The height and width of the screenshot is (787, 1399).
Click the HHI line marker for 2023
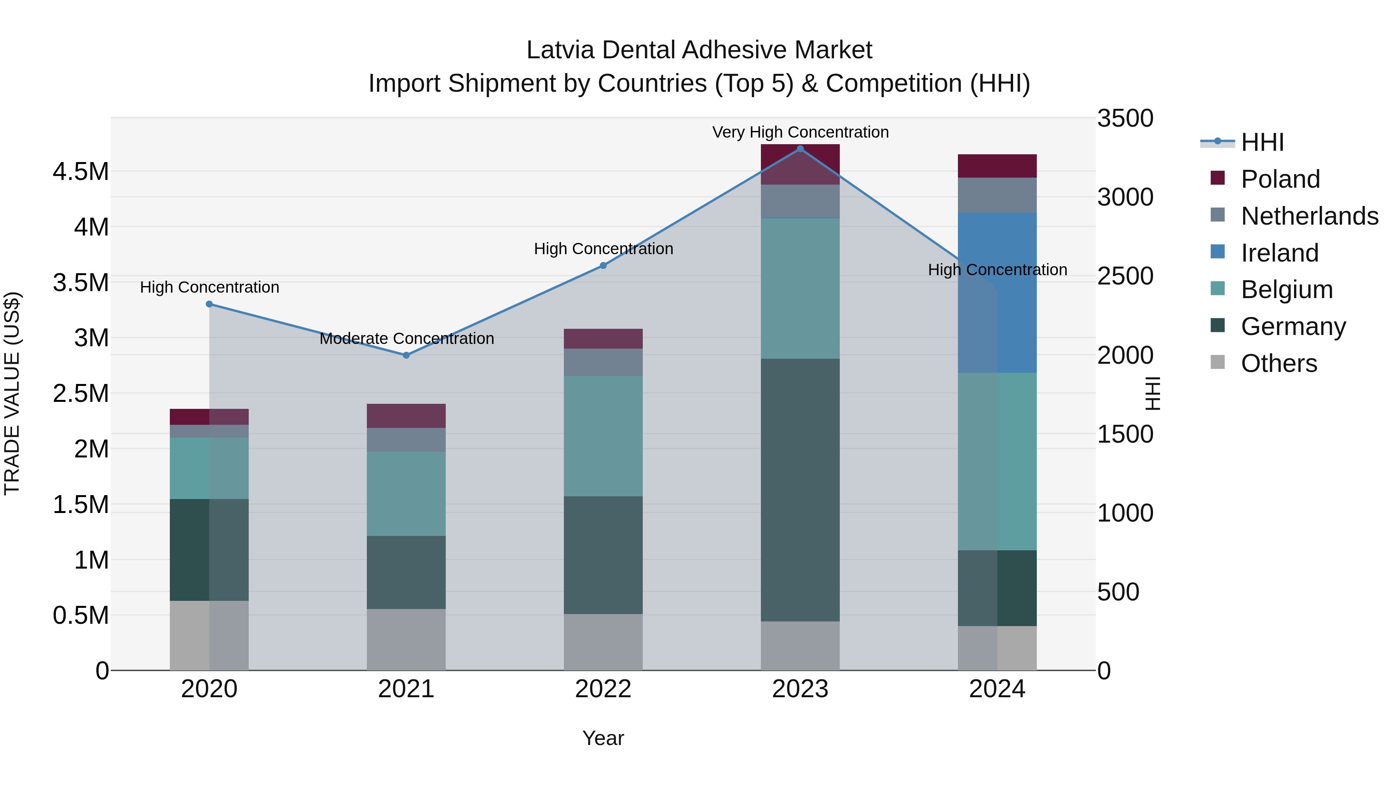(800, 149)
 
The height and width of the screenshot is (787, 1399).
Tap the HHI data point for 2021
(406, 355)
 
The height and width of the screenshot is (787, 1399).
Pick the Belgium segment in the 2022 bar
(603, 436)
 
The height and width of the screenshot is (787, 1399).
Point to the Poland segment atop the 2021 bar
(406, 416)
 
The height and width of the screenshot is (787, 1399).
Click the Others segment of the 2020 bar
(209, 635)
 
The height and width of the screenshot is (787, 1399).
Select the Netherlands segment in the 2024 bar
(997, 195)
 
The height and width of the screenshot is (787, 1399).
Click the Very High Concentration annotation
(800, 132)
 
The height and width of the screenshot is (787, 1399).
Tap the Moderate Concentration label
(406, 339)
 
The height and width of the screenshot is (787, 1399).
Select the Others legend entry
(1279, 363)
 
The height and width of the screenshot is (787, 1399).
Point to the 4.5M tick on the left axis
(80, 172)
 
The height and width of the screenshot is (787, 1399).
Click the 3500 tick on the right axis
(1125, 119)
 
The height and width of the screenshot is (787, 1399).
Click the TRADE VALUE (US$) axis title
(12, 393)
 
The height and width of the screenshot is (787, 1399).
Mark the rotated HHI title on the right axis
(1152, 393)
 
